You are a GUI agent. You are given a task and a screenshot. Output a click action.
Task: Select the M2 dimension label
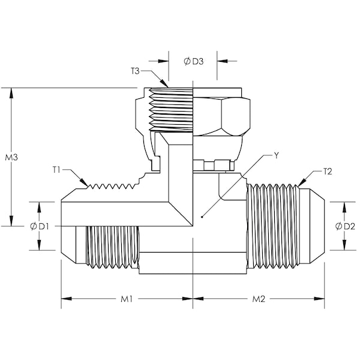[259, 299]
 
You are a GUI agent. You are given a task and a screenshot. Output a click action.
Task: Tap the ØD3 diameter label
[193, 61]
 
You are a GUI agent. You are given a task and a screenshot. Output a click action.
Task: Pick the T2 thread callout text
[328, 172]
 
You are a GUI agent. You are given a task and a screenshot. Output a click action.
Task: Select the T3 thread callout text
[136, 71]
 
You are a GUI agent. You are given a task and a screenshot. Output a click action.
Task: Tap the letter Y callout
[277, 155]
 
